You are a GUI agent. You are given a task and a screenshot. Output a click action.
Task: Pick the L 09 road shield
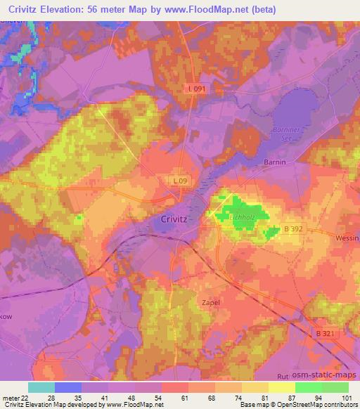181,181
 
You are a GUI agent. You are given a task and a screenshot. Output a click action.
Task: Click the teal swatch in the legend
41,387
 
